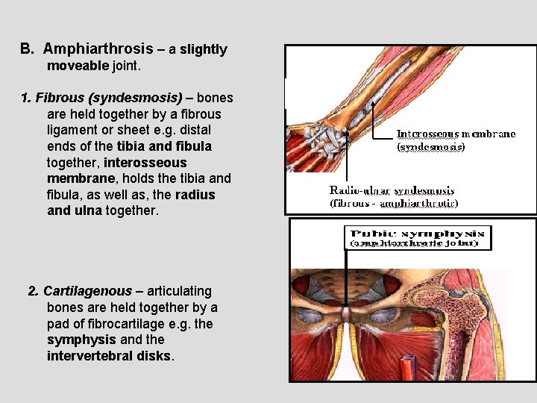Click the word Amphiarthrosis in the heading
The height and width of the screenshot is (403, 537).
pyautogui.click(x=97, y=49)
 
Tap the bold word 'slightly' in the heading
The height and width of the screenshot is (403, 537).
pyautogui.click(x=203, y=50)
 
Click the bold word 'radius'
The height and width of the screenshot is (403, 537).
pyautogui.click(x=195, y=195)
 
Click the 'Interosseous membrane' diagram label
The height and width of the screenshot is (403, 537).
pyautogui.click(x=456, y=134)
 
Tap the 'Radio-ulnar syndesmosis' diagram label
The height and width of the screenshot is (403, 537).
pyautogui.click(x=392, y=191)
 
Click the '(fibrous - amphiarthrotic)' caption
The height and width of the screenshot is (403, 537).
pyautogui.click(x=394, y=203)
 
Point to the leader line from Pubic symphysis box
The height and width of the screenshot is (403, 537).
pyautogui.click(x=345, y=276)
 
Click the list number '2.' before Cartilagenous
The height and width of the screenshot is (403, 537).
pyautogui.click(x=34, y=291)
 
